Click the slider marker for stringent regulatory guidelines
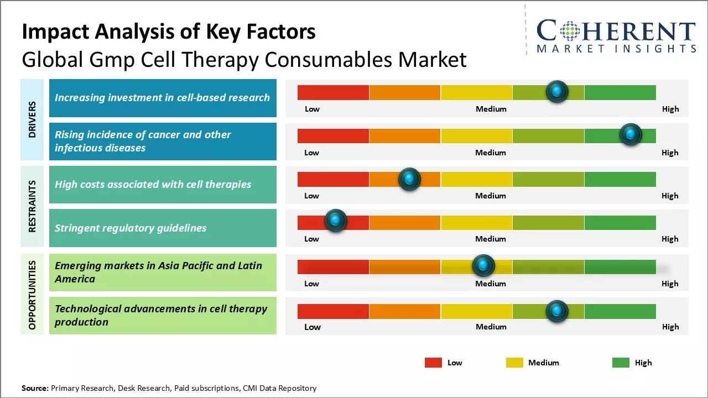(x=335, y=221)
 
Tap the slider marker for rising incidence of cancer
(x=630, y=134)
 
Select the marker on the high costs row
(x=409, y=179)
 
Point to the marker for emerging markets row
(x=483, y=266)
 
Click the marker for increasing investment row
(x=557, y=91)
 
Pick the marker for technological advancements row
(x=557, y=311)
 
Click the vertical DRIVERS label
(x=32, y=119)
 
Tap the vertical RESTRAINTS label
(x=32, y=206)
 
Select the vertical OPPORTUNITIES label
(x=32, y=295)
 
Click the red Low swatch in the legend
(x=433, y=363)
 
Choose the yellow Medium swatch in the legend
(x=514, y=363)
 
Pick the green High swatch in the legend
(x=621, y=363)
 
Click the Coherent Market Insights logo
(x=616, y=36)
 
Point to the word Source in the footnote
(x=35, y=388)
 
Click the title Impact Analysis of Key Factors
(x=169, y=32)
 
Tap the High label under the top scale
(x=670, y=109)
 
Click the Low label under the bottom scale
(x=313, y=327)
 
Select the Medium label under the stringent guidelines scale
(x=491, y=239)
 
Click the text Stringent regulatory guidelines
(x=131, y=228)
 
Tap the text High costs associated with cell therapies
(x=153, y=184)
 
